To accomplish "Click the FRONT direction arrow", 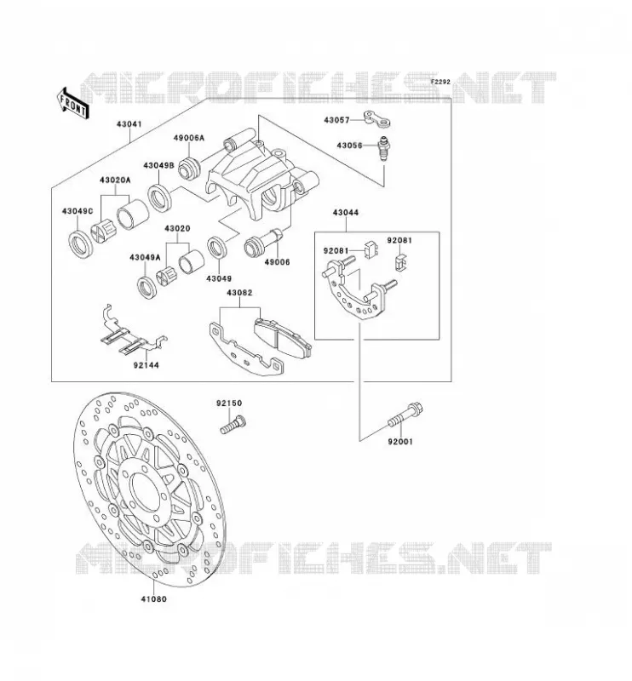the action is [x=72, y=103].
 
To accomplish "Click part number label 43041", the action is [x=129, y=124].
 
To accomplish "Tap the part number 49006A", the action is [x=188, y=138].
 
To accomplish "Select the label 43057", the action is [x=336, y=120].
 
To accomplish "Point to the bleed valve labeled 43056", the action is [x=384, y=148].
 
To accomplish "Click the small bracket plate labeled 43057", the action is [x=376, y=119].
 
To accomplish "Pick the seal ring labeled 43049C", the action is [x=81, y=246].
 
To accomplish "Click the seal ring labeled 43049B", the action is [x=160, y=198].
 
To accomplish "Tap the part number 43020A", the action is [x=115, y=180].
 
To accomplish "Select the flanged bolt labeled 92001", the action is [x=405, y=415].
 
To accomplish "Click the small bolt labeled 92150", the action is [x=233, y=424].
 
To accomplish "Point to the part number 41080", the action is [x=153, y=599].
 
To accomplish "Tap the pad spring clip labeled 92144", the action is [x=132, y=332].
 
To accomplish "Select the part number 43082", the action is [x=239, y=293].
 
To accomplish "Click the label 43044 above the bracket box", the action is [x=346, y=212].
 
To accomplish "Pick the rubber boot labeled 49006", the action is [x=264, y=243].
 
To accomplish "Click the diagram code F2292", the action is [x=440, y=82].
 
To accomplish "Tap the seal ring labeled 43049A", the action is [x=147, y=287].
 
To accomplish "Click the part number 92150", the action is [x=229, y=403].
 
